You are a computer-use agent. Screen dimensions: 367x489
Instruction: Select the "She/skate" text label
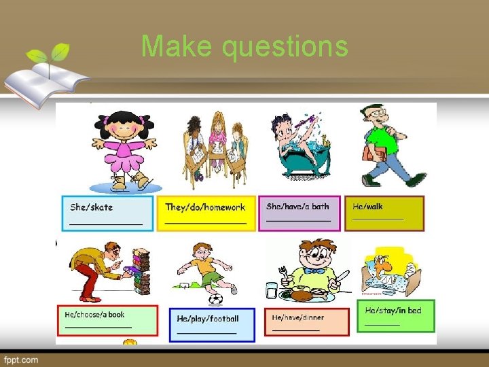(x=92, y=207)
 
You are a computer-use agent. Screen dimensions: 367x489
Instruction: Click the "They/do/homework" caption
(x=205, y=207)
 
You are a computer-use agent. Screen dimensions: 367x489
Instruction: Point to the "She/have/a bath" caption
(x=297, y=206)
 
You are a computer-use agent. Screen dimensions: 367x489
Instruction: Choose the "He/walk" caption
(x=368, y=205)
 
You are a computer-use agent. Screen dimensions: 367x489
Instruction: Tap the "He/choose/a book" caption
(x=95, y=315)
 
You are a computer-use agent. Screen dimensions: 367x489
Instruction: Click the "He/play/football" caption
(x=208, y=318)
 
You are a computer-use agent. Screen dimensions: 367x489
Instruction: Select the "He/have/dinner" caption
(x=298, y=317)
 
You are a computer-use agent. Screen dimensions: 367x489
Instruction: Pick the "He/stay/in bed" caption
(x=393, y=310)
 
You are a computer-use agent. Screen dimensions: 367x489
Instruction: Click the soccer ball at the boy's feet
(x=215, y=298)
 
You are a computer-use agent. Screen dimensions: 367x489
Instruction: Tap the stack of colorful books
(x=140, y=273)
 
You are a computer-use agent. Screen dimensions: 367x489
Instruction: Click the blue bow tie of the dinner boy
(x=314, y=270)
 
